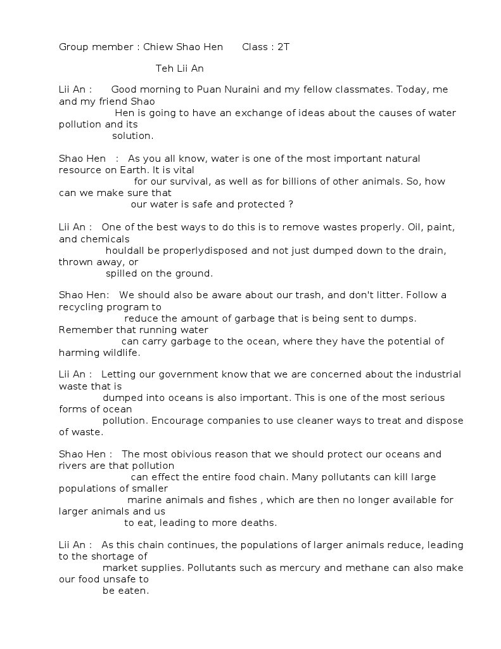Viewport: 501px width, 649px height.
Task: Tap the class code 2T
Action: click(x=283, y=47)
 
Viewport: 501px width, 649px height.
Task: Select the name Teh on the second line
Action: click(x=165, y=69)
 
